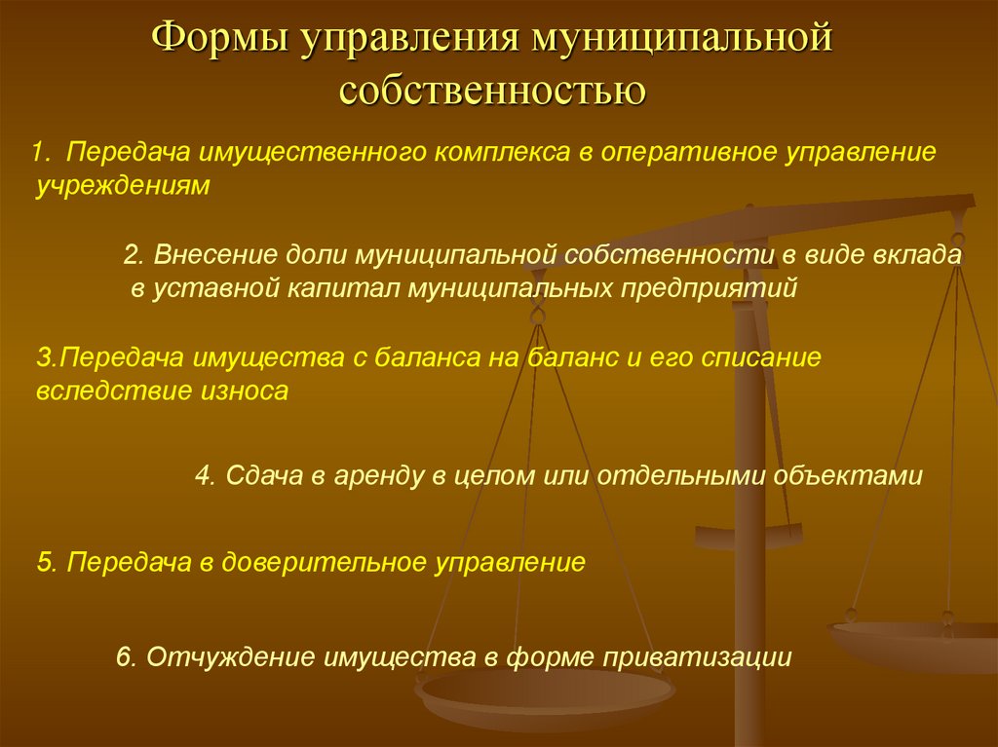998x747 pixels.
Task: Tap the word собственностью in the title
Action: pos(492,91)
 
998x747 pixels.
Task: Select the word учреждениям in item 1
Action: pos(123,186)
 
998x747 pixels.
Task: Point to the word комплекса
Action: pos(503,153)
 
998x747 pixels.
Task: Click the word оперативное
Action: pos(689,153)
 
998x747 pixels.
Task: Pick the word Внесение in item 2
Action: pos(215,254)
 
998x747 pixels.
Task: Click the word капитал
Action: pos(343,288)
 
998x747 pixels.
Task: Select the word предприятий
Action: pos(710,288)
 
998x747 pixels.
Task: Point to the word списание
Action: pos(761,357)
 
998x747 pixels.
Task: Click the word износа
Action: pos(245,391)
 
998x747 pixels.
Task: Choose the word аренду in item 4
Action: pos(379,476)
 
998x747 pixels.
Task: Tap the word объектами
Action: pos(848,476)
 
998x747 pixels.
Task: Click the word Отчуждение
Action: pos(231,656)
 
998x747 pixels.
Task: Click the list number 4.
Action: pos(203,476)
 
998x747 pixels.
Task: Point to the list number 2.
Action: pos(133,254)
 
